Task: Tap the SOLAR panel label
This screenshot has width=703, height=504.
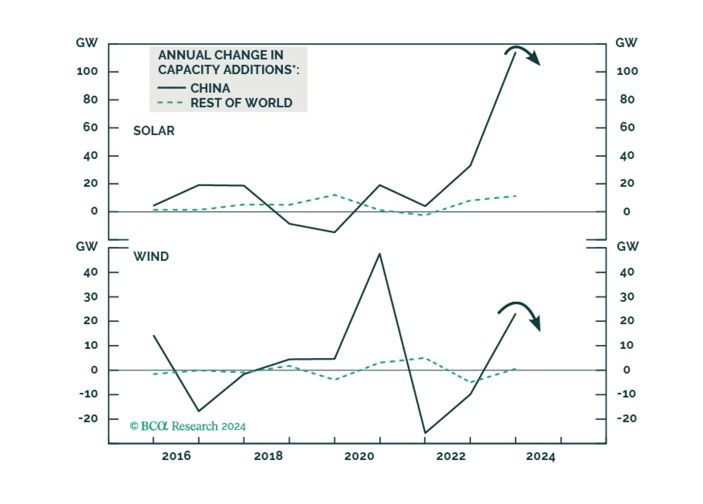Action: coord(154,131)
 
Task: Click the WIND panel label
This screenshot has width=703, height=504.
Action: coord(151,257)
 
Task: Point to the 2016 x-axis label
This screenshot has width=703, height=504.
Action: coord(176,456)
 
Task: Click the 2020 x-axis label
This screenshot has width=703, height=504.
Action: coord(359,456)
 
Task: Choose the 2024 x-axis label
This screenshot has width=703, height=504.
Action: coord(541,456)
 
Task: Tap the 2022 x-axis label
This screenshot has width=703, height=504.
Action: coord(450,456)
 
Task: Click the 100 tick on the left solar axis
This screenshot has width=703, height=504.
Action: coord(87,71)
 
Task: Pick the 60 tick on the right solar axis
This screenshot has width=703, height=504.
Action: coord(627,127)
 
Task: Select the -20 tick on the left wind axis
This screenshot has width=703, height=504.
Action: coord(88,419)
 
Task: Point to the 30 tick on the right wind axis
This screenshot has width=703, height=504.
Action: coord(627,297)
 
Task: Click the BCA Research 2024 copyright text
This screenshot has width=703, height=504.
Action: coord(188,426)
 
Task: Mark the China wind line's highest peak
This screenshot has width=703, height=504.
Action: coord(380,254)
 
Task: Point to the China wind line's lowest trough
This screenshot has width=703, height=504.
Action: coord(425,433)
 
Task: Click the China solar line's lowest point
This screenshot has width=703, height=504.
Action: coord(334,232)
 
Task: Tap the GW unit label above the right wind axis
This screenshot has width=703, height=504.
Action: coord(628,246)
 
